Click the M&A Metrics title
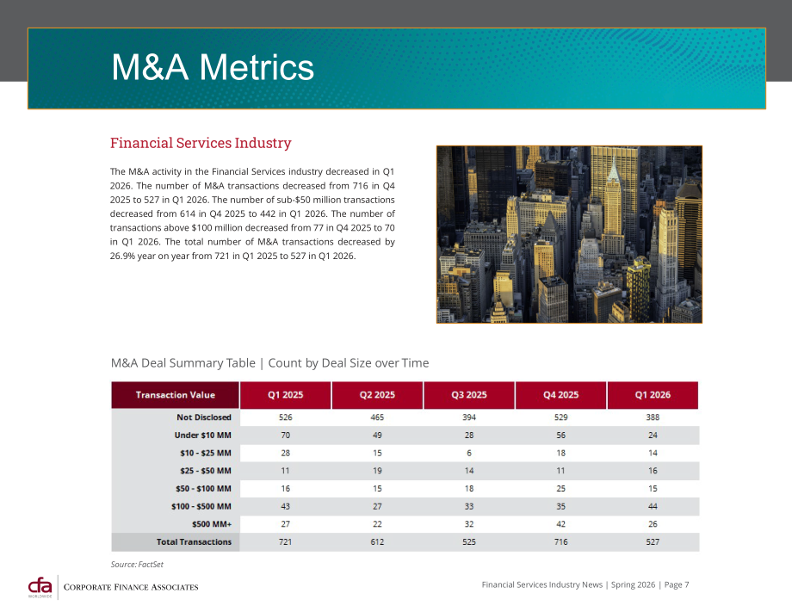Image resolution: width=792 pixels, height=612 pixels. pyautogui.click(x=213, y=67)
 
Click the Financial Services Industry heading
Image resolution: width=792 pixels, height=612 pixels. pyautogui.click(x=201, y=143)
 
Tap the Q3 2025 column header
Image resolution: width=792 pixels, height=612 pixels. pyautogui.click(x=468, y=395)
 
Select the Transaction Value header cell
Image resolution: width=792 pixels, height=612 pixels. pyautogui.click(x=176, y=395)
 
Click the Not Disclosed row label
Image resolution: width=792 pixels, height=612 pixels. pyautogui.click(x=203, y=417)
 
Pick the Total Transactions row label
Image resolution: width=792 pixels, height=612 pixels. pyautogui.click(x=194, y=541)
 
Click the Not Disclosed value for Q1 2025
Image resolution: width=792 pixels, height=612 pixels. pyautogui.click(x=286, y=417)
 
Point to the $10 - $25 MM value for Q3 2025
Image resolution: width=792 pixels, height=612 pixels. pyautogui.click(x=468, y=453)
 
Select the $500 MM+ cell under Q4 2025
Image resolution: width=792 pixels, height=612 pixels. pyautogui.click(x=560, y=524)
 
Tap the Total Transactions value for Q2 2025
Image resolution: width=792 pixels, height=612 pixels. pyautogui.click(x=377, y=541)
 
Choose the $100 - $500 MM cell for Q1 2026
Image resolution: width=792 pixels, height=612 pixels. pyautogui.click(x=653, y=506)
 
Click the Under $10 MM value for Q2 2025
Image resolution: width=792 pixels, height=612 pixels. pyautogui.click(x=377, y=436)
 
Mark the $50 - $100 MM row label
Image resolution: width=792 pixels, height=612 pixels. pyautogui.click(x=203, y=489)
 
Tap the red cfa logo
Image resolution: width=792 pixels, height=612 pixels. pyautogui.click(x=40, y=587)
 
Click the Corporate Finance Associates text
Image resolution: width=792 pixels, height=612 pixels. pyautogui.click(x=131, y=587)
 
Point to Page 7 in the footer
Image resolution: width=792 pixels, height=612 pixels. pyautogui.click(x=677, y=584)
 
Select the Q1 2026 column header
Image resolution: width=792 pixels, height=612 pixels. pyautogui.click(x=653, y=395)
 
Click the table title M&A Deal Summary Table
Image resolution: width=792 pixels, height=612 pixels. pyautogui.click(x=183, y=363)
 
